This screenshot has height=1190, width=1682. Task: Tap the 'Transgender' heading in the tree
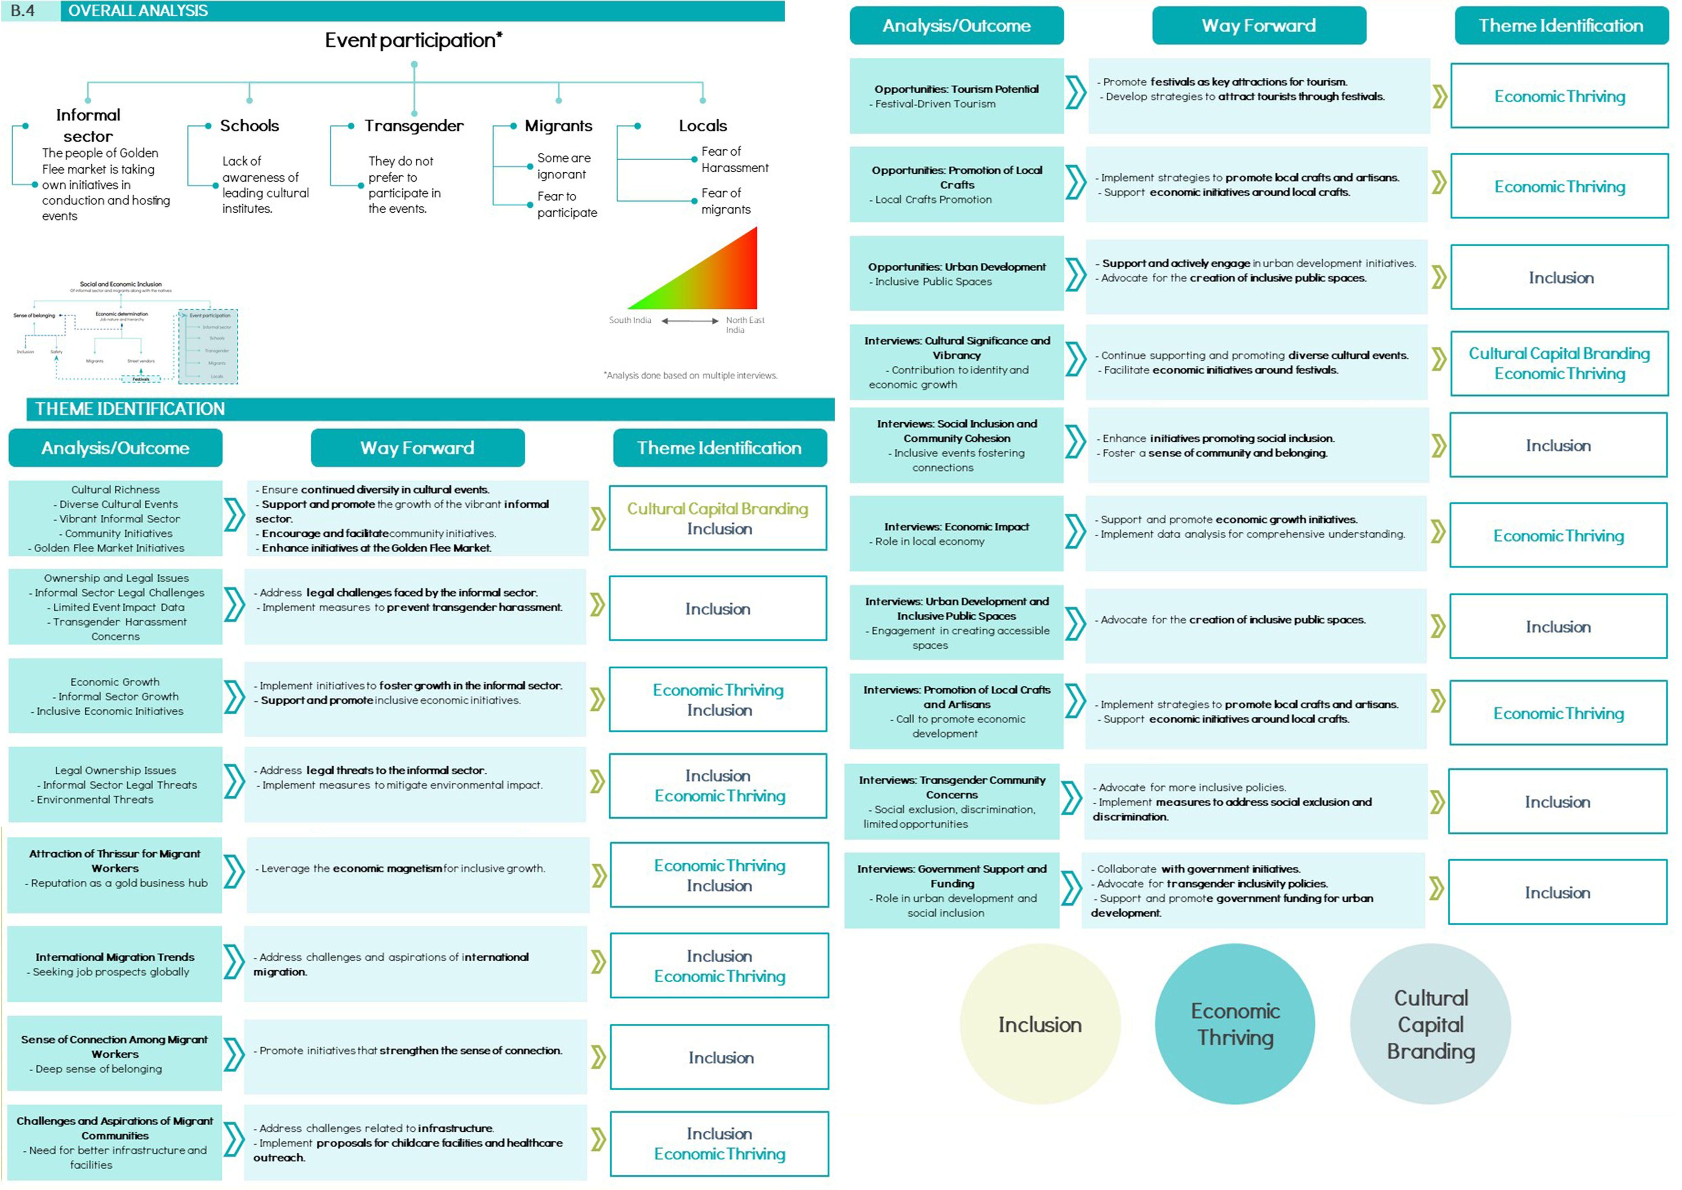(414, 126)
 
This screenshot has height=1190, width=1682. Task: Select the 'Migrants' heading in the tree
(558, 126)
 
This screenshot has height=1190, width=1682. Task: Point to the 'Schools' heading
(249, 126)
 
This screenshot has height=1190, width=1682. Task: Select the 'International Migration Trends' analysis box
(115, 964)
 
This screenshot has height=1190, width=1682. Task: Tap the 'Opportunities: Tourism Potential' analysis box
(956, 96)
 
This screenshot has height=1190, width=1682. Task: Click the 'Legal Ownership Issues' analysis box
(115, 785)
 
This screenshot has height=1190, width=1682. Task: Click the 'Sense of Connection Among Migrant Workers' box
(115, 1054)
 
